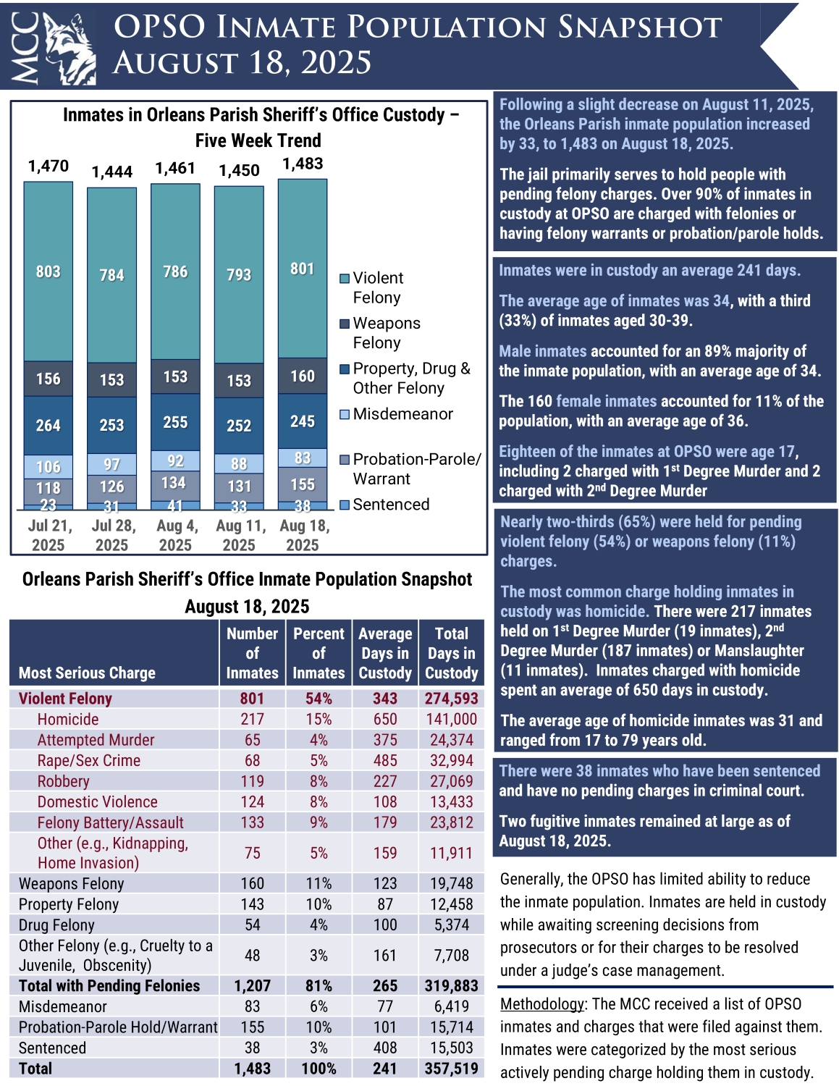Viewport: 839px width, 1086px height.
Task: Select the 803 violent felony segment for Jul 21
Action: click(x=49, y=271)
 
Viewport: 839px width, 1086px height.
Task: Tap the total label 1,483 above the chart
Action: click(x=303, y=164)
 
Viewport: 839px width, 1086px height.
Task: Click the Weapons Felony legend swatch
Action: click(x=345, y=324)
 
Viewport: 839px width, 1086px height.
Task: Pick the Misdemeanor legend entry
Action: click(x=402, y=414)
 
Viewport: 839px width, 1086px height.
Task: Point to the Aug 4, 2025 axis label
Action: click(x=176, y=535)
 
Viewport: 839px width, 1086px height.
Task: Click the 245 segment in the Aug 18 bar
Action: click(x=303, y=421)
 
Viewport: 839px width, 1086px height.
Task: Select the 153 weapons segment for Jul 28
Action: click(x=112, y=380)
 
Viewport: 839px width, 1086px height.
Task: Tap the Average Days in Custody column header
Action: click(x=385, y=653)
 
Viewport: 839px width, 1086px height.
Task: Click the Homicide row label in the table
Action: click(x=68, y=719)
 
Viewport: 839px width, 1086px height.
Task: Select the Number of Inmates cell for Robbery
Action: click(x=252, y=781)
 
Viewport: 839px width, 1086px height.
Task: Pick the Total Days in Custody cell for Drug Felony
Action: click(x=452, y=925)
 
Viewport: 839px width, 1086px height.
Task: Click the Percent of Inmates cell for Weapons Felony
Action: click(x=319, y=883)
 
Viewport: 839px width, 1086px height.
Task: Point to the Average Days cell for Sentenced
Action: click(x=385, y=1048)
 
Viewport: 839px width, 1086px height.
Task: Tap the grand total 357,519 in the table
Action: click(x=452, y=1069)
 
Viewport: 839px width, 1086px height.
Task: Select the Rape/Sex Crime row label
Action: click(x=89, y=760)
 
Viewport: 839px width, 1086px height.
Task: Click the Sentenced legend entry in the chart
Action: click(x=391, y=505)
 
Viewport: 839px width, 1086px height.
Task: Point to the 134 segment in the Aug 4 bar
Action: click(x=176, y=483)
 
